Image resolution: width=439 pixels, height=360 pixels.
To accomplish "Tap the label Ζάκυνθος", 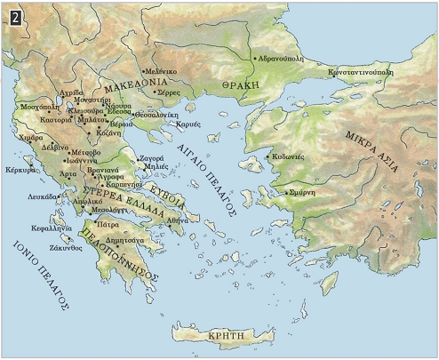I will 67,248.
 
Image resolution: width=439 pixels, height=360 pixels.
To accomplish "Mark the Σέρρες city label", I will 169,93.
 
